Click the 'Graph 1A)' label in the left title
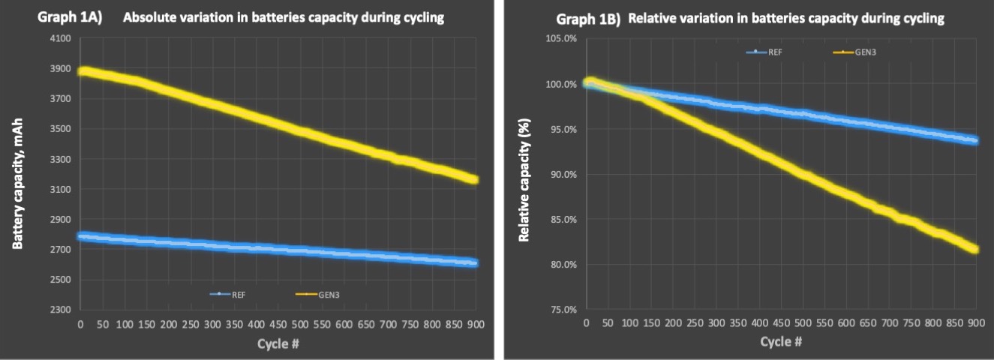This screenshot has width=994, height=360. (x=66, y=17)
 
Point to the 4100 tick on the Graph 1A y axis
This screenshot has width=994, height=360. (x=60, y=39)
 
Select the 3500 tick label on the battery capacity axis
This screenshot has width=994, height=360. (x=60, y=129)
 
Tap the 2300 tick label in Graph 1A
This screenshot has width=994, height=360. (x=60, y=310)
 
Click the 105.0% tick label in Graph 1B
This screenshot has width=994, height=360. (x=562, y=39)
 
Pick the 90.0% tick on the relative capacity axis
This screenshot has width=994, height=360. (x=563, y=174)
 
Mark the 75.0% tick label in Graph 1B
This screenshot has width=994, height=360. (x=563, y=310)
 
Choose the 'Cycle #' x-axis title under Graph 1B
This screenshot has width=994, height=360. (x=781, y=341)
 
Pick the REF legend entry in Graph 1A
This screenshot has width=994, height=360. (x=233, y=295)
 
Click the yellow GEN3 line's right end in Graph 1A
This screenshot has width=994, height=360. (x=473, y=179)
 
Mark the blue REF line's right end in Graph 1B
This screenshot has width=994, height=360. (x=974, y=140)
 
